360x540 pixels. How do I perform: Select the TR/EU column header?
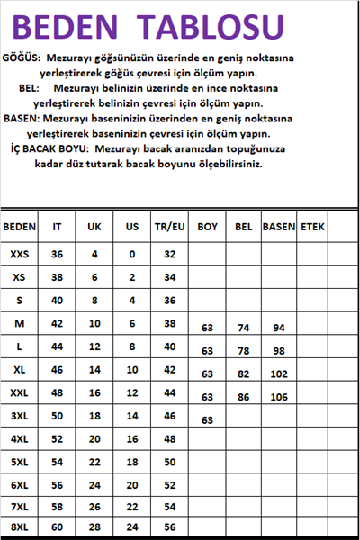pos(169,228)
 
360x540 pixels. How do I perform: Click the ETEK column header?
pos(312,228)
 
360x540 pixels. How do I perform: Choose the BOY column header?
pos(207,228)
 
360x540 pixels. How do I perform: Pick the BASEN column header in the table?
pos(278,228)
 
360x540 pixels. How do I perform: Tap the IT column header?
pos(58,228)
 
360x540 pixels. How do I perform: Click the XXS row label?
pos(19,255)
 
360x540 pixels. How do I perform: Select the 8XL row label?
pos(19,526)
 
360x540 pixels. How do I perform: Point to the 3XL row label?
pos(19,416)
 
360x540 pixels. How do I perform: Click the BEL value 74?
pos(243,328)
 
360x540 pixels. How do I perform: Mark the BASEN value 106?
pos(278,397)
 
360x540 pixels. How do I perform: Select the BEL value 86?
pos(243,397)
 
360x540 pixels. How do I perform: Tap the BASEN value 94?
pos(278,328)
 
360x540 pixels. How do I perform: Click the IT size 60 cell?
pos(58,526)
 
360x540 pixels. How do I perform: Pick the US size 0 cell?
pos(131,255)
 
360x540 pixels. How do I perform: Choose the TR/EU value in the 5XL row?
pos(169,461)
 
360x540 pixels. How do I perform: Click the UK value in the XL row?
pos(94,369)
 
